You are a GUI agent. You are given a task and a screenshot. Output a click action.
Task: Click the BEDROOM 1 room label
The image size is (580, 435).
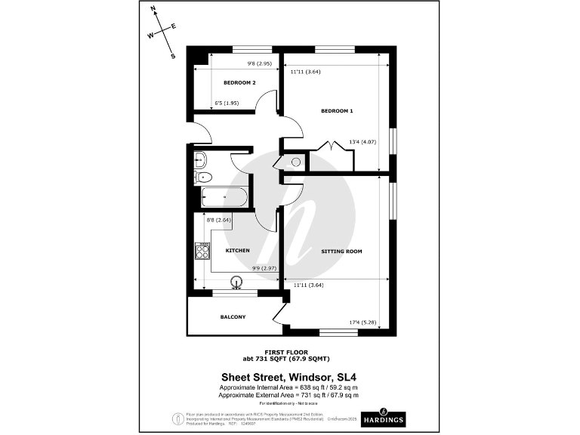coord(337,111)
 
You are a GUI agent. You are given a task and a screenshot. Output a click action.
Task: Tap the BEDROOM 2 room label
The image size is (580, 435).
coord(239,82)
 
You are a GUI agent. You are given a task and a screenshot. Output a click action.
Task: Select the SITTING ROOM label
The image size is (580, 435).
coord(341,251)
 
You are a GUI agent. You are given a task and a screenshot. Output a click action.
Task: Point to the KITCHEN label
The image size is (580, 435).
coord(238,251)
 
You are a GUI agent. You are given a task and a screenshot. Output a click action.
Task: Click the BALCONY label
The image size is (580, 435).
coord(233,317)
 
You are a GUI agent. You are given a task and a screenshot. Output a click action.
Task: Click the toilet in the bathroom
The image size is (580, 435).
coord(203,177)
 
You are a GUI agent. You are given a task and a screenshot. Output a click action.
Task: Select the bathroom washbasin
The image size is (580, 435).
coord(199,159)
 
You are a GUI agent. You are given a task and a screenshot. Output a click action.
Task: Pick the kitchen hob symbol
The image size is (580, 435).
coord(202,251)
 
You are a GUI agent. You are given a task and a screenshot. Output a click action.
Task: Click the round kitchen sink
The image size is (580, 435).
coord(237,283)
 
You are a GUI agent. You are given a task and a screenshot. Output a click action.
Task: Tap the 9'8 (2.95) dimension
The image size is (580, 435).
coord(255,63)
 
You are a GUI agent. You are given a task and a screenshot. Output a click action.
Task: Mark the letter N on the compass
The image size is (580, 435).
coord(154,10)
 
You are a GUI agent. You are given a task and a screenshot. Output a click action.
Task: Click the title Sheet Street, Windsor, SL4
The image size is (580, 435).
coord(287,376)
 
